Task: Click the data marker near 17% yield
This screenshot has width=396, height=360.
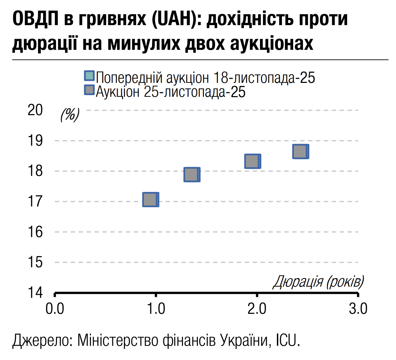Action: (150, 200)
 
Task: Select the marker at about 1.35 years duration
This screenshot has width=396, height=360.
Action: (191, 175)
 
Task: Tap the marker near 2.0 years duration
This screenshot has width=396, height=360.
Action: (252, 161)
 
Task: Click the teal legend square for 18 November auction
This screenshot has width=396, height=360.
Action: (89, 76)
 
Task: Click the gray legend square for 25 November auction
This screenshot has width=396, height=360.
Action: (89, 90)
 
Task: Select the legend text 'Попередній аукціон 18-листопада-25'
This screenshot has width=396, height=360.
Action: (205, 78)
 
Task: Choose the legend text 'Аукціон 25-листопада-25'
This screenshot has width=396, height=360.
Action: (170, 92)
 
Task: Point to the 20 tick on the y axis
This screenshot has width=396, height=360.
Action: (35, 110)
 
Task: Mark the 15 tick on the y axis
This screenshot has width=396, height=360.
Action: (35, 263)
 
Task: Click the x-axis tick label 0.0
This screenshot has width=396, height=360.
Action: (54, 309)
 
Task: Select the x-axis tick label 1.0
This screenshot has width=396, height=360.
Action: (155, 309)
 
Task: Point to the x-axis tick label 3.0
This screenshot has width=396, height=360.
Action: (358, 309)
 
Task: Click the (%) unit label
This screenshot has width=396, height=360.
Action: (70, 115)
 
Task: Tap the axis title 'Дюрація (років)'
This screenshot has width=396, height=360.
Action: (318, 282)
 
